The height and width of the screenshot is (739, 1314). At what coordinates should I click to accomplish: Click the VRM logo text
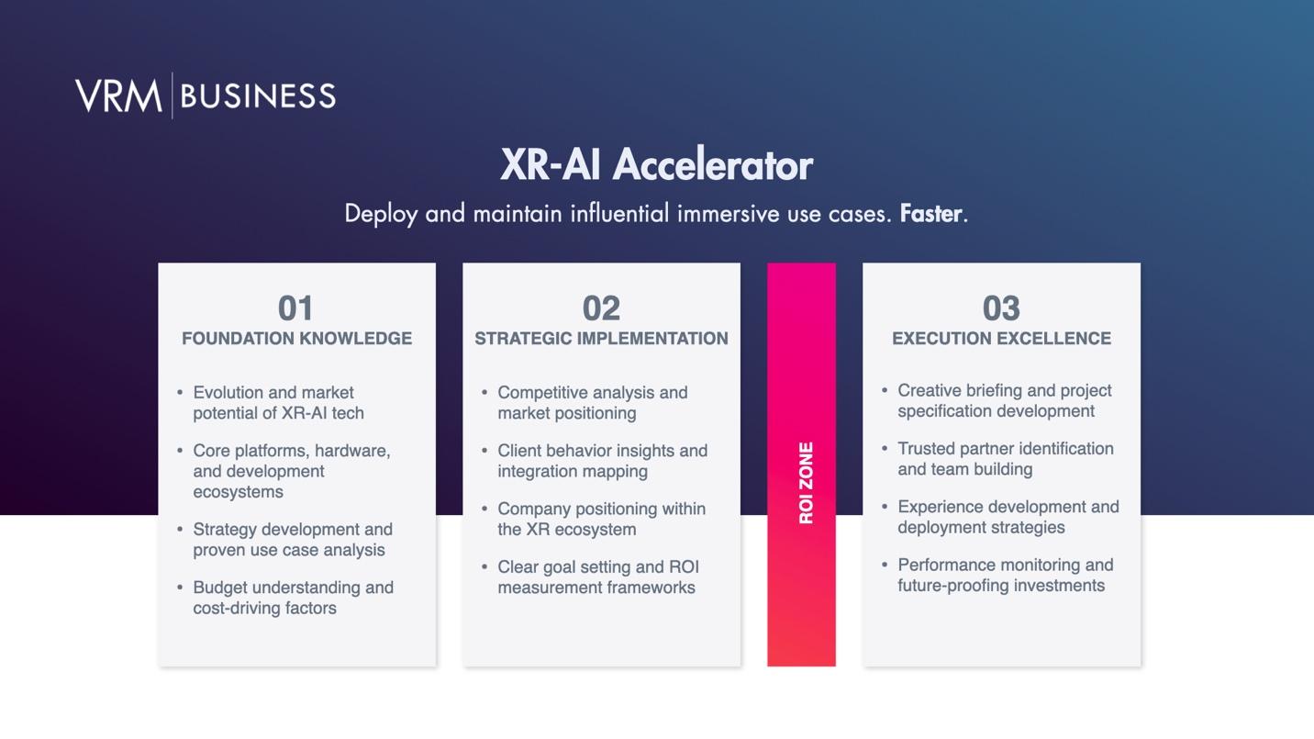118,95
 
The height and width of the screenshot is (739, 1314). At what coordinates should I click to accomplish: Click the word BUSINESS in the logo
258,96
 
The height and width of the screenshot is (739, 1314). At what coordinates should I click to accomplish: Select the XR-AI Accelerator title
656,164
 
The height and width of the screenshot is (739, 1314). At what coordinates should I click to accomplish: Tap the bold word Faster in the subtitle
931,214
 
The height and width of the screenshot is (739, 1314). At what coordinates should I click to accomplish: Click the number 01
295,308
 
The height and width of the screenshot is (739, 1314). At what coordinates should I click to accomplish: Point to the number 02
601,308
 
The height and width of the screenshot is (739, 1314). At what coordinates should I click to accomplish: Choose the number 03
1001,308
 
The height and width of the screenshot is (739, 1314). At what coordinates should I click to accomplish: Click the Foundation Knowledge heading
296,339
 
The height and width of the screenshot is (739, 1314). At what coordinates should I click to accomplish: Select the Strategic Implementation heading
601,339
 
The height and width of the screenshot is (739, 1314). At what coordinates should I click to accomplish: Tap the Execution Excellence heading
1001,339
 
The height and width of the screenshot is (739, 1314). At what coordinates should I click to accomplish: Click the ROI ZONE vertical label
806,483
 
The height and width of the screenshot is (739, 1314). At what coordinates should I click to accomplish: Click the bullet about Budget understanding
294,598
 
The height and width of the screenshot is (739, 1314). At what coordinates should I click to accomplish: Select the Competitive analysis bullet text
593,403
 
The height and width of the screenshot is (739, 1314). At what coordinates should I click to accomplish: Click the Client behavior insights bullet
603,461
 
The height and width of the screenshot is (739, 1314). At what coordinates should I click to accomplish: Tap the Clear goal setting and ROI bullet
598,577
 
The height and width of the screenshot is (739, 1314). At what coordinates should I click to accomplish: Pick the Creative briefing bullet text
1004,401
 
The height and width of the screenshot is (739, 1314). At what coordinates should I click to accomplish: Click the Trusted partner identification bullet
1006,459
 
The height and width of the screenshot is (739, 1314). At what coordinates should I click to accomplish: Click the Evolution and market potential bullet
278,403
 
